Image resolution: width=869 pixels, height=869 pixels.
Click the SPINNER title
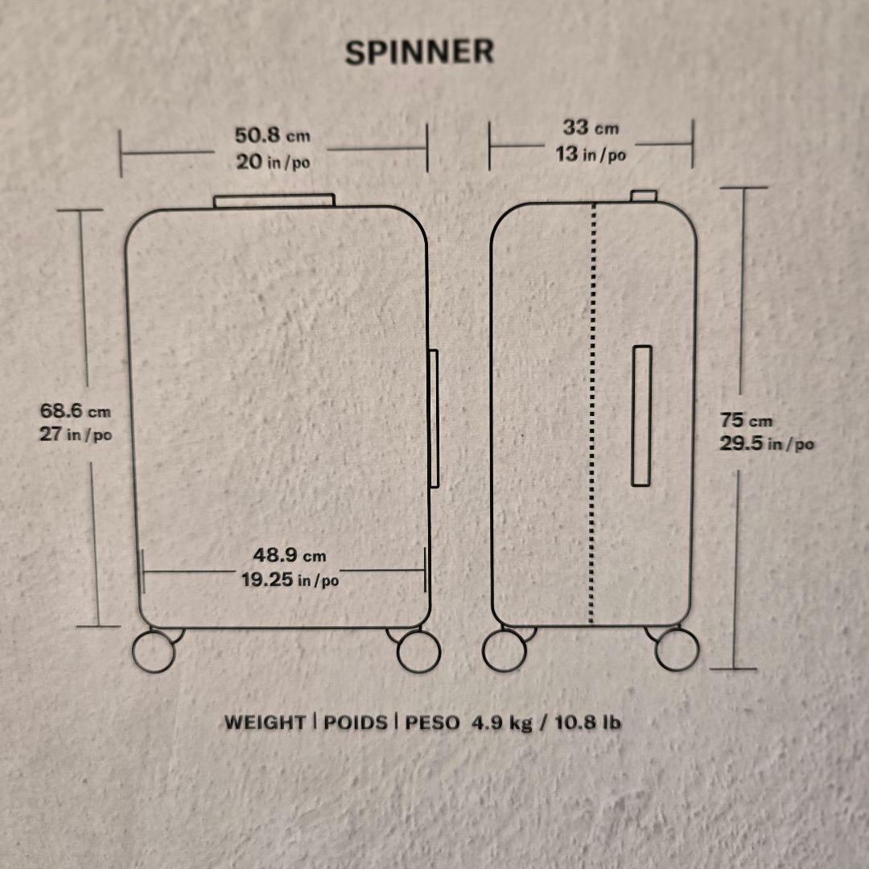click(x=419, y=51)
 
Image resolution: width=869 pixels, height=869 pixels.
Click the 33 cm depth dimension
click(x=590, y=127)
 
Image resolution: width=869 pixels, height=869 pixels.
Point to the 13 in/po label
click(x=590, y=154)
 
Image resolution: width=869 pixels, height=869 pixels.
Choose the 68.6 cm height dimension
click(x=76, y=411)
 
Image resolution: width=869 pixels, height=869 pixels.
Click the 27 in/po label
click(x=76, y=434)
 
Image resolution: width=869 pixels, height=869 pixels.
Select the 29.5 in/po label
click(x=766, y=443)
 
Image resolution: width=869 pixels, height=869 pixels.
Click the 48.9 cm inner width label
click(x=290, y=554)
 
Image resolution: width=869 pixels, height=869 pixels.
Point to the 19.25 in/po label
click(x=290, y=579)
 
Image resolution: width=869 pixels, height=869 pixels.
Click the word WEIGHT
click(x=265, y=722)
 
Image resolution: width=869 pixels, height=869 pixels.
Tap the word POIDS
click(x=355, y=722)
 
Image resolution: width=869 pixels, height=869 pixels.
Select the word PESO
click(x=433, y=722)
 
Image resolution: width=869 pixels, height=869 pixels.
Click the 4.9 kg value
click(x=502, y=722)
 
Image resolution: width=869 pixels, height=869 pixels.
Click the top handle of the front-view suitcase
click(x=274, y=200)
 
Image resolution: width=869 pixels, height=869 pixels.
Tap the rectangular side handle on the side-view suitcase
click(x=641, y=415)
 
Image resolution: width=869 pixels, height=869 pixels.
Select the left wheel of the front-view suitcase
click(x=154, y=650)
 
